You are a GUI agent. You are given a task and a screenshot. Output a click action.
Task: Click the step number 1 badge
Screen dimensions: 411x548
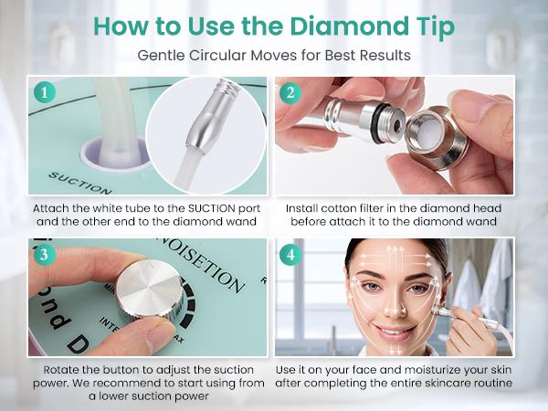(x=42, y=92)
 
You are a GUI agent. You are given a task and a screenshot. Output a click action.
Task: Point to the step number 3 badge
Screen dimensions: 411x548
(x=42, y=256)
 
